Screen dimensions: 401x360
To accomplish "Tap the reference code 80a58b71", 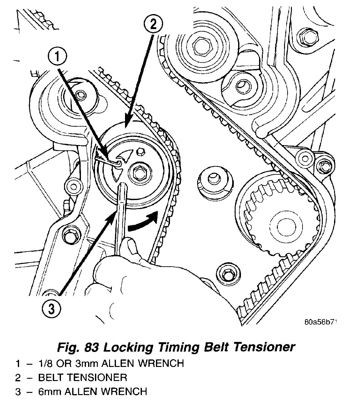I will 322,322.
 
